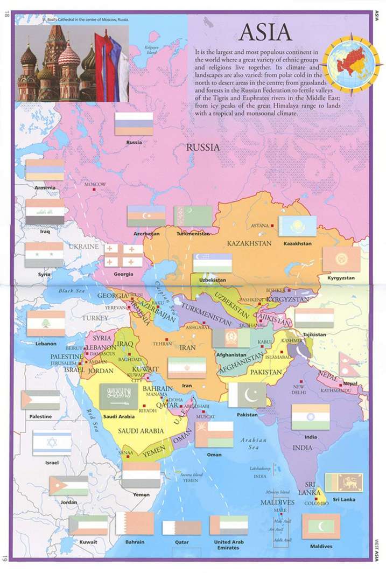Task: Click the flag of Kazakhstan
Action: coord(297,226)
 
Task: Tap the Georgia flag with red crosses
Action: coord(123,256)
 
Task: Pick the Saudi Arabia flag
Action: coord(118,397)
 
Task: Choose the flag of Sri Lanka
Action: coord(343,483)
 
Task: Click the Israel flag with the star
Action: coord(52,443)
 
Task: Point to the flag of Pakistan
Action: coord(247,395)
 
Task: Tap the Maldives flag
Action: coord(321,526)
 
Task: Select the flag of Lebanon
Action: coord(46,324)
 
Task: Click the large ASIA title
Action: coord(265,33)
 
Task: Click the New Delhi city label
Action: coord(299,390)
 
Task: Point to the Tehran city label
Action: coord(162,343)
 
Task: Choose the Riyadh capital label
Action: coord(148,410)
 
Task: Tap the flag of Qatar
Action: coord(181,527)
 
